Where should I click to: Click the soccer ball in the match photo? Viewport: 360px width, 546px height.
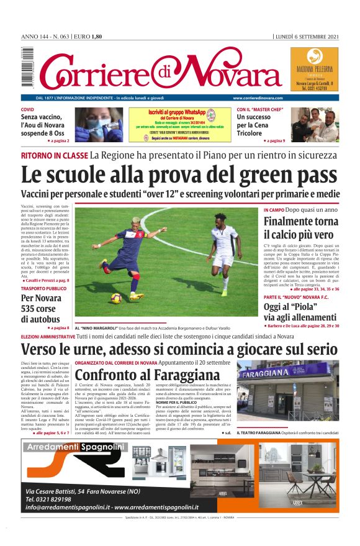coord(116,298)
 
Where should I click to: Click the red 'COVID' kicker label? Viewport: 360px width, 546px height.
coord(28,109)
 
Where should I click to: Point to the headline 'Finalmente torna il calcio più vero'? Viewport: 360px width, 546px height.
coord(300,228)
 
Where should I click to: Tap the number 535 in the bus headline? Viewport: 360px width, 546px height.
coord(31,308)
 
